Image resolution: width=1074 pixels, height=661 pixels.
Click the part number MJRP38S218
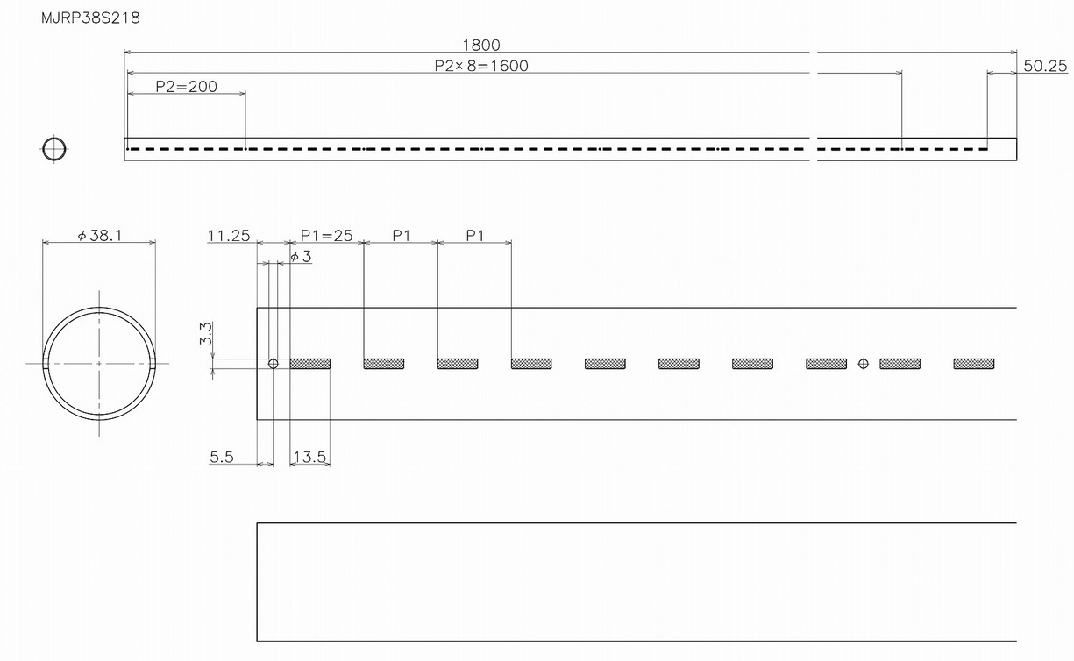[x=90, y=18]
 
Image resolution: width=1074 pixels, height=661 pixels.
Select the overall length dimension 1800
[x=481, y=46]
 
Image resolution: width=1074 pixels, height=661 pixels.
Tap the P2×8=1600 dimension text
[x=481, y=66]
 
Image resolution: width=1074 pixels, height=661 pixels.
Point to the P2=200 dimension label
[x=186, y=87]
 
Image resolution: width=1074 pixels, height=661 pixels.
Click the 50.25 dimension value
[x=1044, y=66]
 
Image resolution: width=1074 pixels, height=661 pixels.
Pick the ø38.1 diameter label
[x=98, y=236]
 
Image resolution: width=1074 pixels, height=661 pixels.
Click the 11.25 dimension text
[x=229, y=236]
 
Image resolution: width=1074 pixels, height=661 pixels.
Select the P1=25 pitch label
[x=326, y=236]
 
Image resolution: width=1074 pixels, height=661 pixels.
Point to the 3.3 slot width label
[x=206, y=334]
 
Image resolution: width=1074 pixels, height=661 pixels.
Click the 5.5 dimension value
[x=221, y=457]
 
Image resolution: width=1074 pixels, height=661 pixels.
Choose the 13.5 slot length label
[x=309, y=457]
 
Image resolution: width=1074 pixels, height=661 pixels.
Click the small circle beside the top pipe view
[x=53, y=149]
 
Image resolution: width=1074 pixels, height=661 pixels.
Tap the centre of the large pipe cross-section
[x=99, y=363]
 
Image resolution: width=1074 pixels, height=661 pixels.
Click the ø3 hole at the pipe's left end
[x=273, y=363]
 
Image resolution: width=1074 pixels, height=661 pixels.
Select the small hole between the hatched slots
[x=864, y=363]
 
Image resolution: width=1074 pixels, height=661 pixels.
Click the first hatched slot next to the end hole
[x=309, y=363]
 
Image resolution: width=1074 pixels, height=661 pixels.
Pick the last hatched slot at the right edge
[x=974, y=363]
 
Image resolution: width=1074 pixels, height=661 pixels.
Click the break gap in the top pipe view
[x=812, y=149]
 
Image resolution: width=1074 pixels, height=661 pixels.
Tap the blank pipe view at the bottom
[x=636, y=582]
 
